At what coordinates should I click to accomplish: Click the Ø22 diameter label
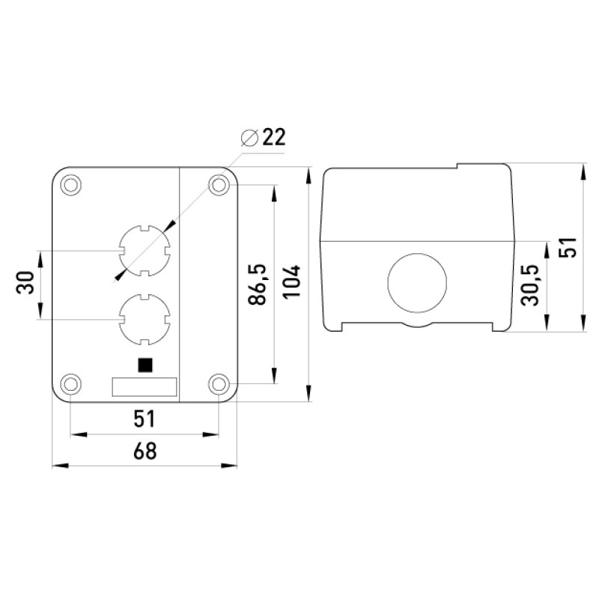click(x=264, y=137)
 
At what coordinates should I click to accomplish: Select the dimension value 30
click(x=25, y=282)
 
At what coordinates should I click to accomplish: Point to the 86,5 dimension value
click(x=257, y=285)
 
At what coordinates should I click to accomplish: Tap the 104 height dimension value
click(x=291, y=282)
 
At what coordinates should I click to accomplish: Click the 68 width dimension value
click(x=145, y=451)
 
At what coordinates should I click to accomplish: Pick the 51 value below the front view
click(x=145, y=419)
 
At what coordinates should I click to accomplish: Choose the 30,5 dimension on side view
click(x=530, y=285)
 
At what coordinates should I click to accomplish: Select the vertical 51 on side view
click(x=568, y=247)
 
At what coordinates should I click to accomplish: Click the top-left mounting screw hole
click(x=71, y=185)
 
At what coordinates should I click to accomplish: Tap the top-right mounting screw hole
click(x=219, y=185)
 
